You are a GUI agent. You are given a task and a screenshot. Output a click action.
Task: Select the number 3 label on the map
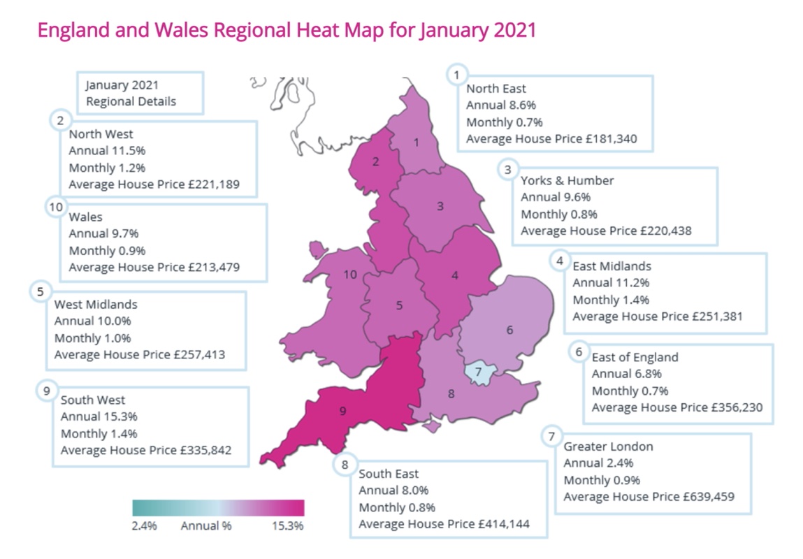pyautogui.click(x=440, y=205)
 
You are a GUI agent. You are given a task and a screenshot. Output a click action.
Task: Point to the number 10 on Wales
pyautogui.click(x=350, y=275)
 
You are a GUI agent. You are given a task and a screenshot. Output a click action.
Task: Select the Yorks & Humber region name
pyautogui.click(x=567, y=180)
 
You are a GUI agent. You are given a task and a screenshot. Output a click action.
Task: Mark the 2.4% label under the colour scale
pyautogui.click(x=145, y=525)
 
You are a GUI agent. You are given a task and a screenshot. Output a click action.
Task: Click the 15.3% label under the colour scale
pyautogui.click(x=287, y=525)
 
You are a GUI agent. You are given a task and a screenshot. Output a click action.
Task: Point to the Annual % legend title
pyautogui.click(x=206, y=525)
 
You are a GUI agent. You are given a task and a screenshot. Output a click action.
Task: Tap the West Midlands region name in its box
pyautogui.click(x=96, y=305)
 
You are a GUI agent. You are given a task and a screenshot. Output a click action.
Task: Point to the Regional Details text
pyautogui.click(x=131, y=101)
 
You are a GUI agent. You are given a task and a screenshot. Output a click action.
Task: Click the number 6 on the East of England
pyautogui.click(x=509, y=329)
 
